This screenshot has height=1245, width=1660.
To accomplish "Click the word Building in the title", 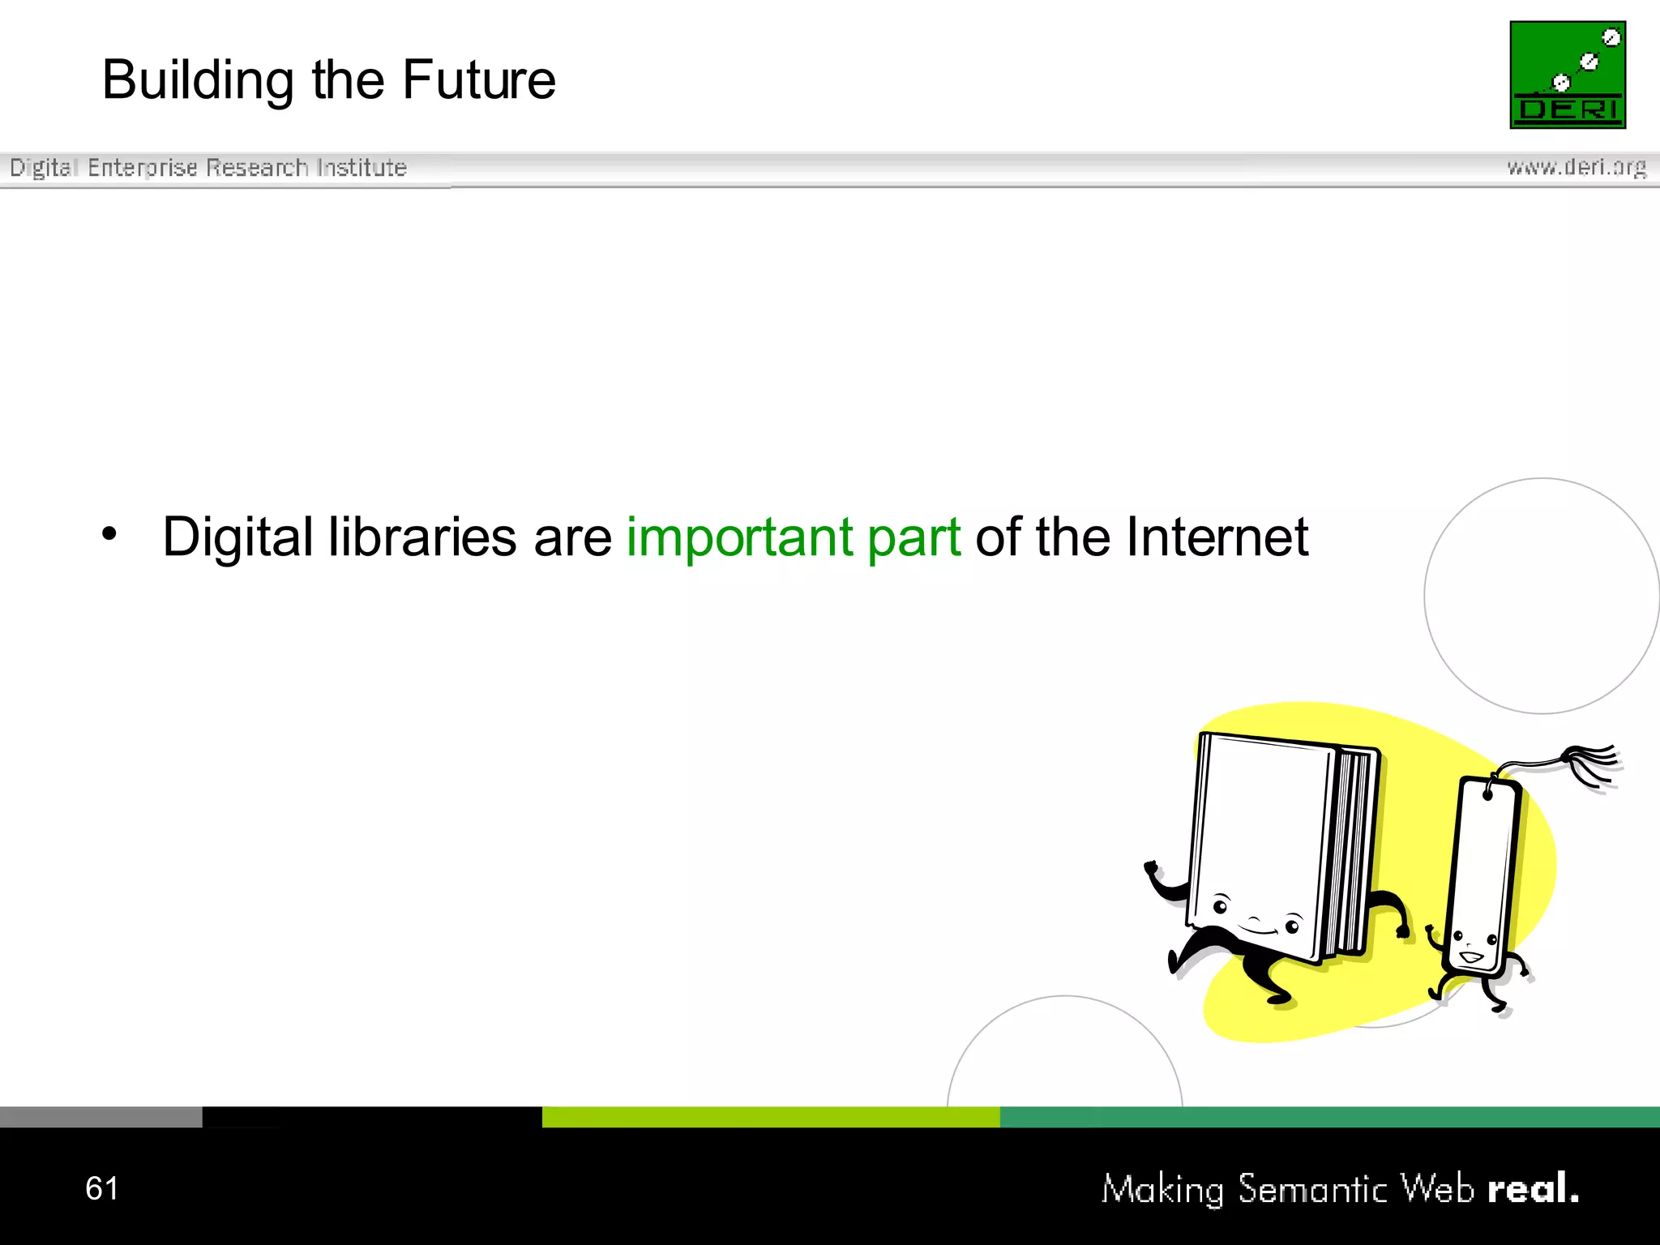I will click(198, 81).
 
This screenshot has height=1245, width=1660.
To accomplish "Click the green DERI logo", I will click(1568, 75).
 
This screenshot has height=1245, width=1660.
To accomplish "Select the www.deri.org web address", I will click(1577, 167).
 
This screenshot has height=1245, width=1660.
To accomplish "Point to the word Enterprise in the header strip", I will click(143, 168).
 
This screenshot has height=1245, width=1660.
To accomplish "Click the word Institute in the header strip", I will click(362, 168).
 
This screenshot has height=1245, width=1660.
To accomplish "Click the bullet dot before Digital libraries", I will click(109, 534).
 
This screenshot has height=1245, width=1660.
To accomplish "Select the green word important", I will click(739, 537).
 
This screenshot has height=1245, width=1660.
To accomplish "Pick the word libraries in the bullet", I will click(422, 537).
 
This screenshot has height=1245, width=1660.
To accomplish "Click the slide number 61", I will click(102, 1188).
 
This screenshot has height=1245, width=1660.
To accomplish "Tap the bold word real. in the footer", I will click(1533, 1188).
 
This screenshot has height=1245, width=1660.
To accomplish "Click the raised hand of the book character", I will click(1151, 870).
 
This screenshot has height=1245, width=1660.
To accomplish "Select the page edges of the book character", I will click(1352, 851).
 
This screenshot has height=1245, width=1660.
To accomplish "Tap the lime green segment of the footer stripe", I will click(770, 1117).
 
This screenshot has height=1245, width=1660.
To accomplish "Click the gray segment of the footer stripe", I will click(101, 1117).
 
